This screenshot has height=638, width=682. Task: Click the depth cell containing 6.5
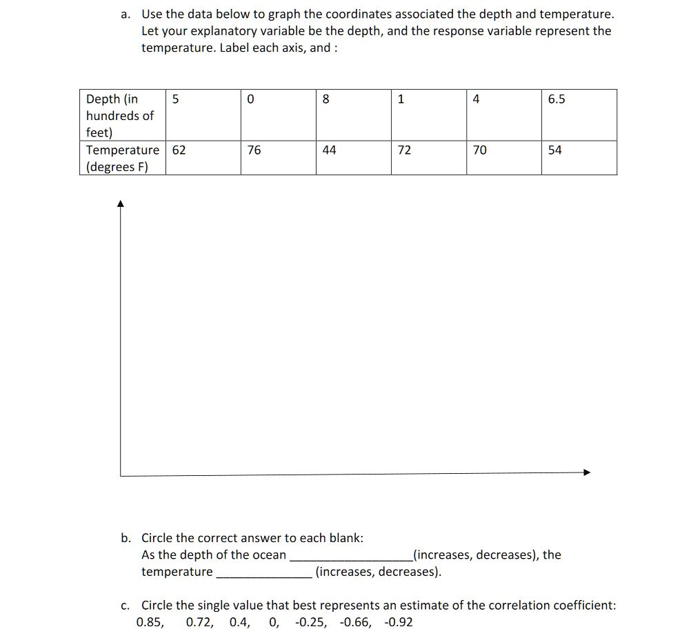(x=556, y=99)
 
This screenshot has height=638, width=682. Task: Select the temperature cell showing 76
(x=254, y=150)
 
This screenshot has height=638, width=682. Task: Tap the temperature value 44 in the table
(x=329, y=150)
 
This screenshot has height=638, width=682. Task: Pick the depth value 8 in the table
(x=326, y=99)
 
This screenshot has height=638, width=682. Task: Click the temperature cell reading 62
(x=179, y=150)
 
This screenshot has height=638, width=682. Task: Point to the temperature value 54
(x=555, y=150)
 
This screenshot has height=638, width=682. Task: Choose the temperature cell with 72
(x=404, y=150)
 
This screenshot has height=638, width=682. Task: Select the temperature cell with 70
(x=479, y=150)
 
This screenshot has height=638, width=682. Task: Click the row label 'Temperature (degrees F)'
(x=121, y=158)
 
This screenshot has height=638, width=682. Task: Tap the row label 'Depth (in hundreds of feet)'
(x=120, y=115)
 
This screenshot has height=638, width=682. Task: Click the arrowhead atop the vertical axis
(x=121, y=203)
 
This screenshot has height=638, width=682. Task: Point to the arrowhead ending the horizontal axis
(x=587, y=472)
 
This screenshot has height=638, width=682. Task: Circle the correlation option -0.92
(x=398, y=622)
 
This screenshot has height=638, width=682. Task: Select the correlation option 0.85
(x=150, y=622)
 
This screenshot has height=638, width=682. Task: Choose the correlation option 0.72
(x=199, y=622)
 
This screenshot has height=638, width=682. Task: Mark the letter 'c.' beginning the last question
(x=125, y=606)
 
